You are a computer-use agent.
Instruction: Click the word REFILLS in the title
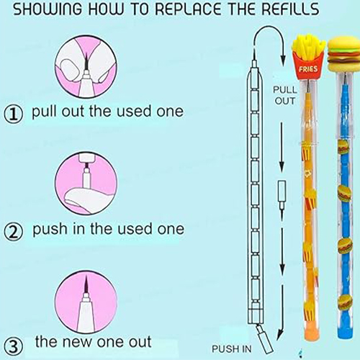[x=290, y=9]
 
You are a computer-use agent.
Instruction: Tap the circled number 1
[x=14, y=114]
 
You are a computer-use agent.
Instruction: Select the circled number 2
[x=14, y=231]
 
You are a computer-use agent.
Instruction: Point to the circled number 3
[x=14, y=347]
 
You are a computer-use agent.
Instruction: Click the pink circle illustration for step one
[x=86, y=66]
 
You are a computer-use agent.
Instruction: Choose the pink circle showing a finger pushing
[x=86, y=184]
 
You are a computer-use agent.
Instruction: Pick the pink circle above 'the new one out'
[x=86, y=302]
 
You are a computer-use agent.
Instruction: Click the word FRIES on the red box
[x=308, y=69]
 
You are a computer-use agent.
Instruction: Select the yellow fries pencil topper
[x=308, y=57]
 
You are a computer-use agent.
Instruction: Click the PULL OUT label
[x=285, y=96]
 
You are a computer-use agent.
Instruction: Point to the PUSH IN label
[x=231, y=349]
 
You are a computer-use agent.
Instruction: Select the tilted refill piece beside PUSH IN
[x=265, y=337]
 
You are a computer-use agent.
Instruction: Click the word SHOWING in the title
[x=48, y=9]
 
